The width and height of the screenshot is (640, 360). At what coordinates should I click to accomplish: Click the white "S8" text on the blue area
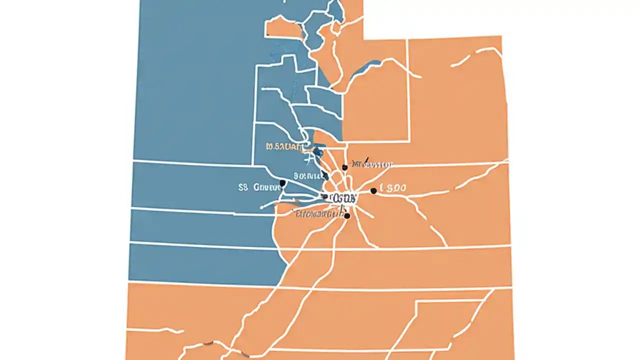point(243,188)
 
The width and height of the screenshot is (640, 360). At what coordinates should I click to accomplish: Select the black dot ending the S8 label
point(282,183)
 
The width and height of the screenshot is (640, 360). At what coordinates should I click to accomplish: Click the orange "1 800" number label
point(393,188)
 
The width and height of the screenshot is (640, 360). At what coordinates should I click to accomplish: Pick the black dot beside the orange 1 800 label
point(373,191)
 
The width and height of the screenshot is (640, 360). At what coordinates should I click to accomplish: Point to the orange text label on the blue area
point(284,147)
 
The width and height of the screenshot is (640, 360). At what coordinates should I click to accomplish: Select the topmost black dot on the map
point(344,167)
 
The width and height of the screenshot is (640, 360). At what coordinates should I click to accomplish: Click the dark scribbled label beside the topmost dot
point(371,164)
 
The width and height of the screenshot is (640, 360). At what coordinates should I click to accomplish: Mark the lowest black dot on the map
point(347,216)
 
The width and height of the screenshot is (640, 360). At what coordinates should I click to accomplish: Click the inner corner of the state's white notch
point(363,38)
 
